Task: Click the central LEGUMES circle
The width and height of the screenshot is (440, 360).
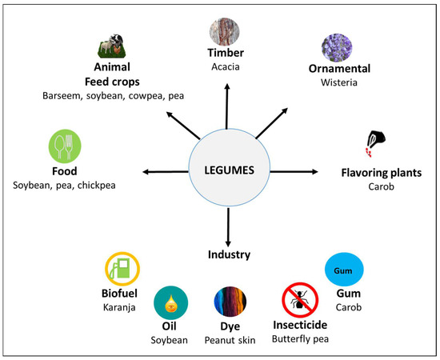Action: (229, 170)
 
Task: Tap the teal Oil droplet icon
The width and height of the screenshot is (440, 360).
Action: (170, 302)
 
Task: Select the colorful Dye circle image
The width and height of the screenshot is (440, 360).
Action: (230, 302)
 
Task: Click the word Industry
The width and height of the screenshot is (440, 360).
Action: (230, 255)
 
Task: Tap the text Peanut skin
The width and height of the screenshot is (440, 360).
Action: (230, 340)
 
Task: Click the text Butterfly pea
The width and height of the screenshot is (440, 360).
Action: (298, 340)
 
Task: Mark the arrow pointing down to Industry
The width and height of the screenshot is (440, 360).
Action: (229, 227)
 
